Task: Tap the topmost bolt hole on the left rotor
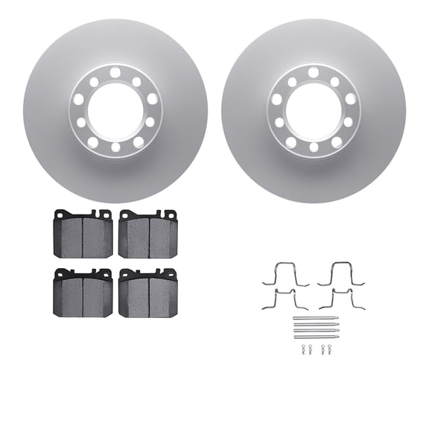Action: pyautogui.click(x=115, y=73)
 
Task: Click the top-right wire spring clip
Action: pyautogui.click(x=341, y=275)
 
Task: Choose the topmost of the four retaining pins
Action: pyautogui.click(x=315, y=318)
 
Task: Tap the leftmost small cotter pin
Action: pyautogui.click(x=304, y=349)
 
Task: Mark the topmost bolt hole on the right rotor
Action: pyautogui.click(x=314, y=73)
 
